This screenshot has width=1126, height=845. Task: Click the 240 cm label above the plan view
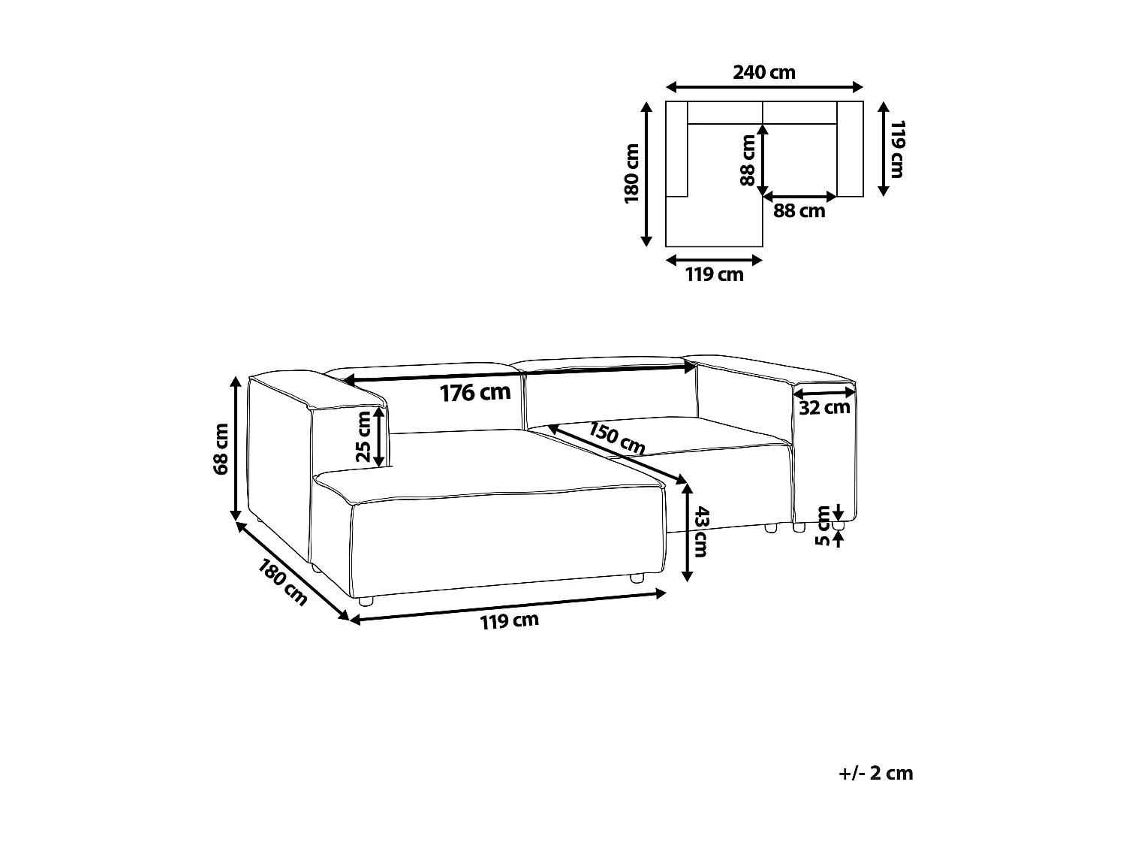coord(763,73)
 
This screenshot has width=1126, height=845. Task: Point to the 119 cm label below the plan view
coord(714,275)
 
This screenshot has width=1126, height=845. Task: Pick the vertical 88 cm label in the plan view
coord(747,160)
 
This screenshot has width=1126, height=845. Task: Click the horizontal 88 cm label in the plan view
coord(799,212)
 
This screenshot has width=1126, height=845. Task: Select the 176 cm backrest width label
coord(474,392)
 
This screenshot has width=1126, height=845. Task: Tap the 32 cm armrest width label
coord(824,408)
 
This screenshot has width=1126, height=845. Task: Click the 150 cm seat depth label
coord(616,439)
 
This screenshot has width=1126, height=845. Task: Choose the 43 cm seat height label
coord(700,532)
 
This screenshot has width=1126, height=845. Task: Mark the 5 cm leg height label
coord(823,526)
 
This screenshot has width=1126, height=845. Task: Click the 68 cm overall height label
coord(221,449)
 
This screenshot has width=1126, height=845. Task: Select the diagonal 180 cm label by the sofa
coord(282,583)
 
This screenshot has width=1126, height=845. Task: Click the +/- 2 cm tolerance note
coord(875,773)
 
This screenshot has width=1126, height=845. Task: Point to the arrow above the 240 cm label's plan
coord(764,86)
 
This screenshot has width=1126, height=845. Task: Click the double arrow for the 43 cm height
coord(686,532)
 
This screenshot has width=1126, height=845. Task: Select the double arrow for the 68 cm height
coord(236,449)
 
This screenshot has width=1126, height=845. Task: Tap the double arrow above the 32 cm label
coord(824,392)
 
